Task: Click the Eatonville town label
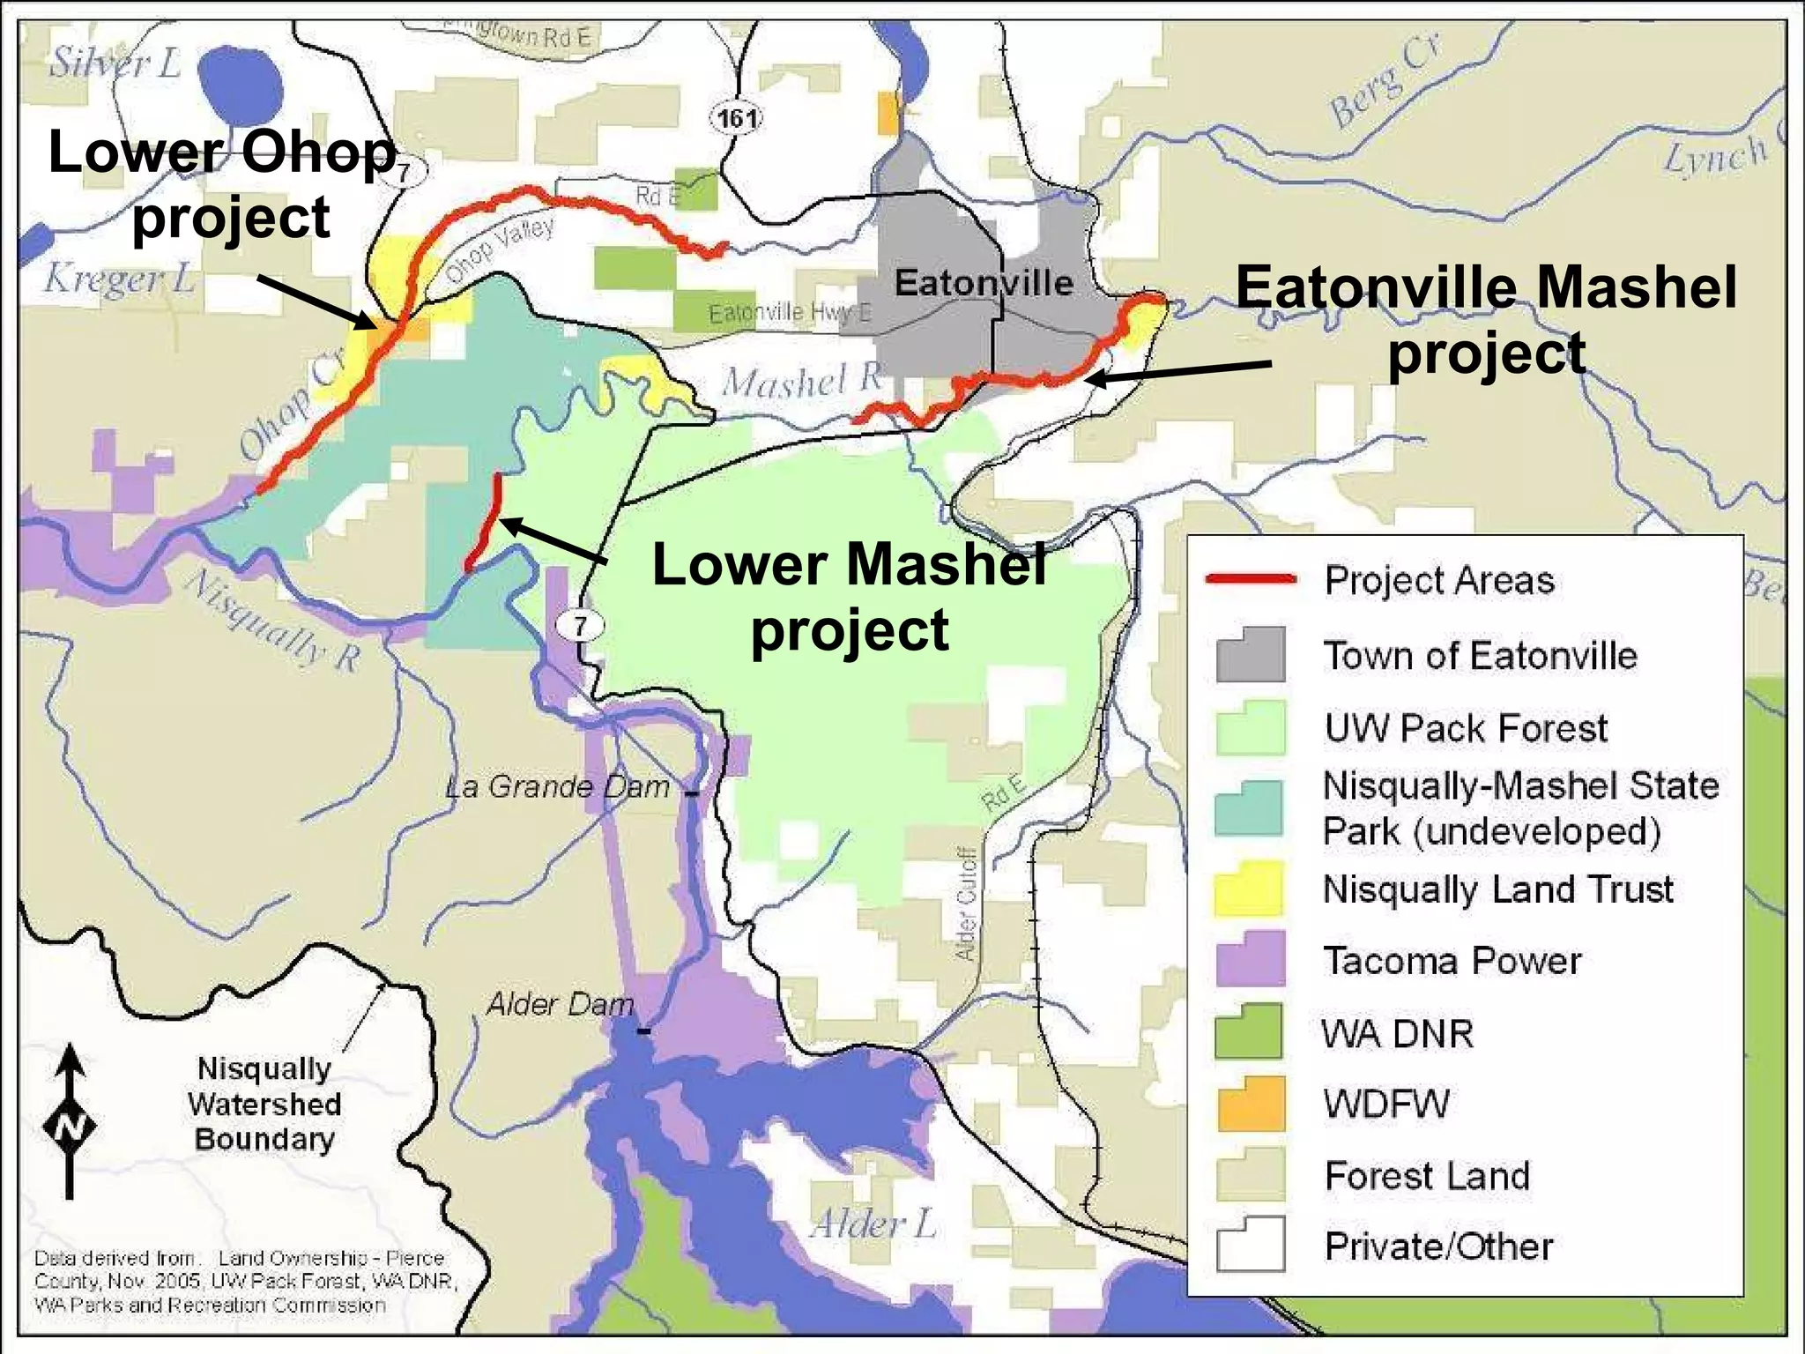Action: click(x=984, y=283)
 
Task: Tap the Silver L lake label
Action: click(x=115, y=63)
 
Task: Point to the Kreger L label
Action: click(x=119, y=279)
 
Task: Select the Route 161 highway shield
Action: click(x=736, y=117)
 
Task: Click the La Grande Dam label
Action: click(x=557, y=786)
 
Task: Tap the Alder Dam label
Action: click(x=561, y=1004)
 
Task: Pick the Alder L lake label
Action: click(x=873, y=1224)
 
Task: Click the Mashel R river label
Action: click(x=801, y=381)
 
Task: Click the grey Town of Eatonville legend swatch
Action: click(x=1250, y=655)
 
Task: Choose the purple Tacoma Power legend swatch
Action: click(x=1250, y=959)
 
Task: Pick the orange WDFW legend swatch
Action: click(x=1250, y=1104)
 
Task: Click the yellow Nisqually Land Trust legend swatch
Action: click(x=1250, y=889)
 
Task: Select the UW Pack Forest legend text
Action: click(x=1466, y=728)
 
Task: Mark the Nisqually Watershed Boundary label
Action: click(x=264, y=1104)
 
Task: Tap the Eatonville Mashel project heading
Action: click(x=1486, y=320)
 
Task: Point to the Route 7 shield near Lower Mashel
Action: click(x=580, y=626)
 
